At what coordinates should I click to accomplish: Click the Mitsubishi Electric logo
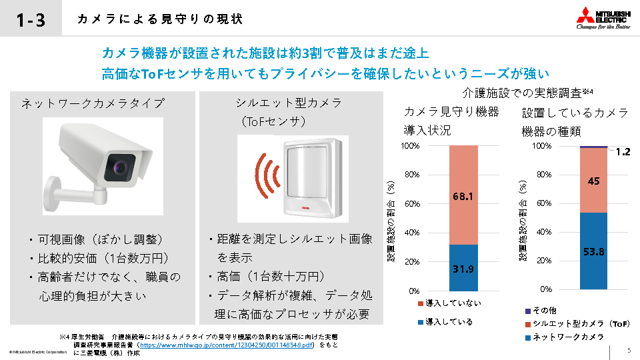(603, 19)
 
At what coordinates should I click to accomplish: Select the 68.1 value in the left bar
(463, 197)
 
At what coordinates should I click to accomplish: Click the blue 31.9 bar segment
(463, 268)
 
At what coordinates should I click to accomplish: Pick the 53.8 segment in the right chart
(593, 251)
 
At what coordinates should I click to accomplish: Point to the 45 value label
(593, 181)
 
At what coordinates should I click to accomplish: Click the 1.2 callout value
(623, 152)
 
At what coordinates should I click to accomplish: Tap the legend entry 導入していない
(449, 303)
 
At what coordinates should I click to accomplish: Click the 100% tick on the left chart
(410, 145)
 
